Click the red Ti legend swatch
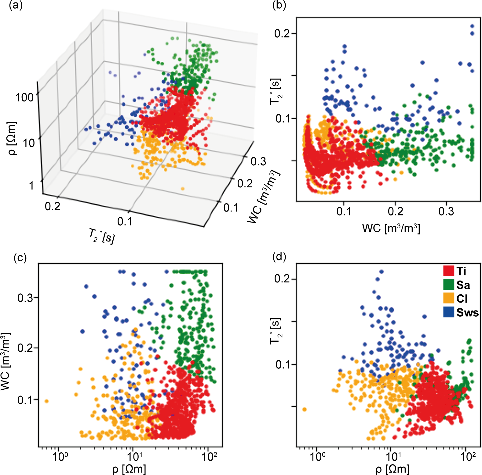point(448,271)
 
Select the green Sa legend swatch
point(448,285)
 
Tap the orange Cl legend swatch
point(448,298)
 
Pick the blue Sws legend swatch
point(448,312)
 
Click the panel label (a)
point(16,6)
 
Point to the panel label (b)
point(279,6)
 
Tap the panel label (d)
point(279,257)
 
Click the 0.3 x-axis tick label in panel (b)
point(446,211)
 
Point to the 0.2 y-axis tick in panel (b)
point(282,33)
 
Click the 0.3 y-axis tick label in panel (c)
point(25,297)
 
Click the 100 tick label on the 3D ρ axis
point(24,98)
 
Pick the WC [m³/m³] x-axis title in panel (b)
point(391,228)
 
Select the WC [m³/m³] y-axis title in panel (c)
point(6,361)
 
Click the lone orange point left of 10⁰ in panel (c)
point(46,401)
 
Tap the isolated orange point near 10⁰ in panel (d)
point(304,409)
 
